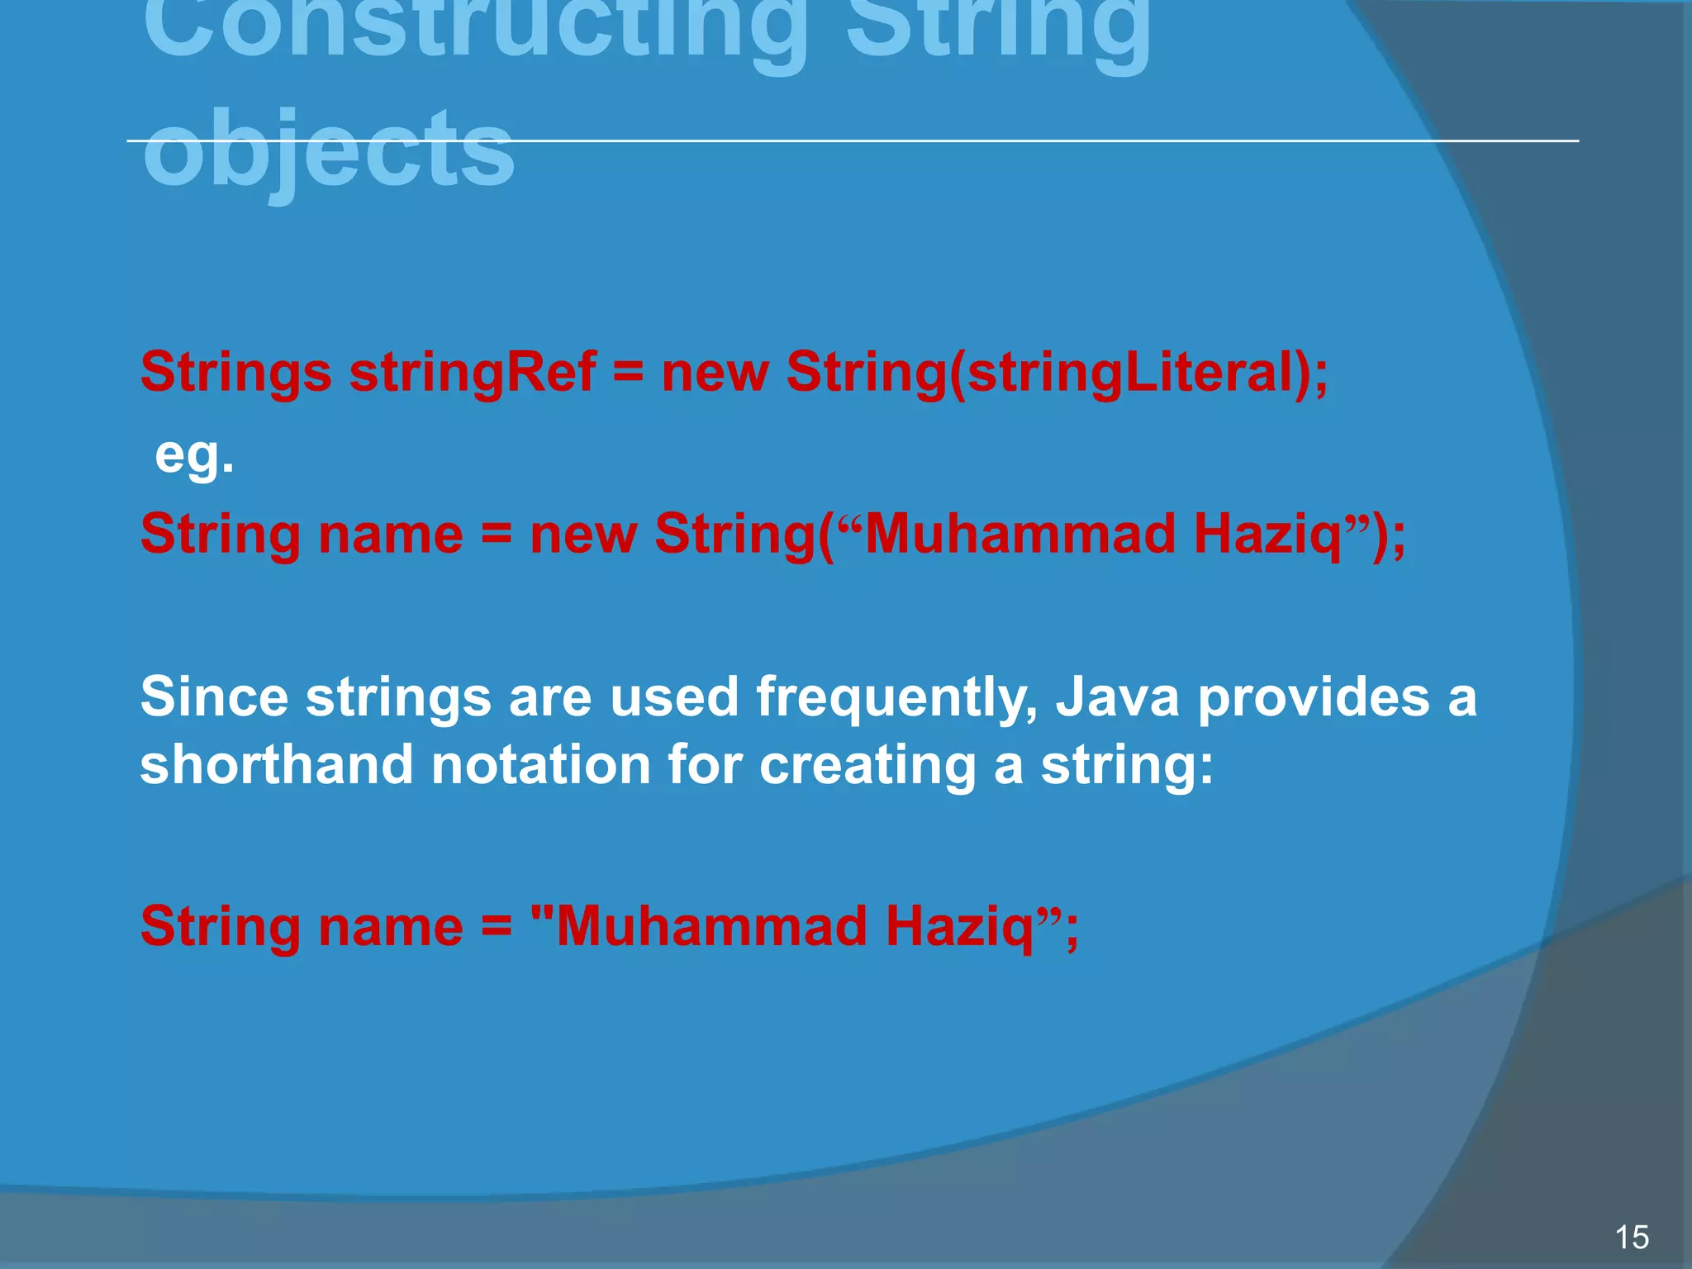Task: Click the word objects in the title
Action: [x=329, y=150]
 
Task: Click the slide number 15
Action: [x=1631, y=1237]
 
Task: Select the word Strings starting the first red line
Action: [x=236, y=373]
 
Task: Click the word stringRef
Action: [x=473, y=373]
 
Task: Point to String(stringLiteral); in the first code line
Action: [x=1057, y=373]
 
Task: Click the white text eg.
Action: [x=195, y=455]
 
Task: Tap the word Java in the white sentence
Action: [x=1118, y=696]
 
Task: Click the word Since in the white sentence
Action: [x=214, y=696]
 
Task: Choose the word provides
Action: [x=1314, y=696]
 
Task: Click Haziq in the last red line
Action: [x=961, y=927]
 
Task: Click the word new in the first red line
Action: [x=715, y=373]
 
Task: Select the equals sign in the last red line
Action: [x=497, y=927]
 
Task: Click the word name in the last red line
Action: [x=390, y=927]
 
